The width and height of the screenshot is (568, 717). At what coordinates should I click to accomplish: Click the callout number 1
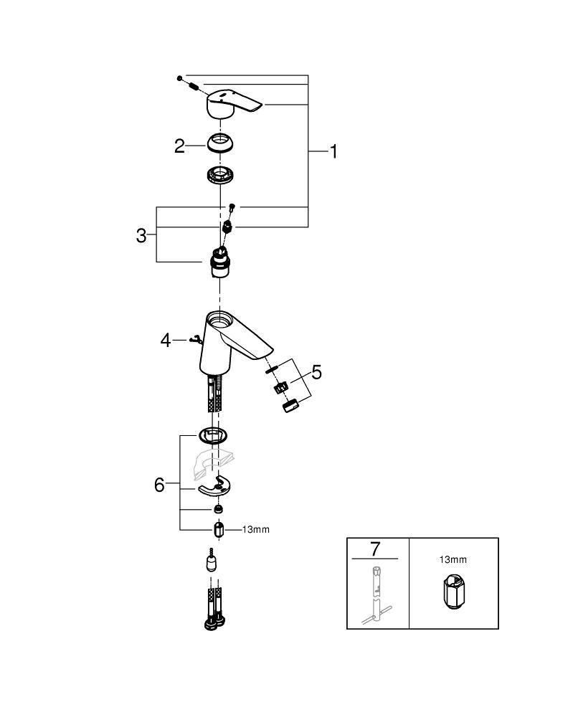333,151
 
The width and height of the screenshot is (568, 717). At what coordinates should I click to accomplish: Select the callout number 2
180,146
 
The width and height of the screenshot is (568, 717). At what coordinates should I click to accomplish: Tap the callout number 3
141,235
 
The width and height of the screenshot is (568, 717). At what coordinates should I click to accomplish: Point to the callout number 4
166,339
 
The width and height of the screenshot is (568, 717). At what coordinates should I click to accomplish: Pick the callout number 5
316,372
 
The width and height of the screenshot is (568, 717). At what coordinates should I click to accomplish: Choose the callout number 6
159,485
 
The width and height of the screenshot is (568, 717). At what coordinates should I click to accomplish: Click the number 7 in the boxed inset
374,549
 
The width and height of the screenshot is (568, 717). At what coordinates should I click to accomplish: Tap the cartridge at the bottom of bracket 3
219,263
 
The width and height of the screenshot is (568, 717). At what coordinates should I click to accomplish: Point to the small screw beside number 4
192,339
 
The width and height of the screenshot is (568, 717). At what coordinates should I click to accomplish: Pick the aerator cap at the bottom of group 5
288,407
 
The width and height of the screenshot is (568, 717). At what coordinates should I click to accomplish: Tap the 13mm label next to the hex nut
255,530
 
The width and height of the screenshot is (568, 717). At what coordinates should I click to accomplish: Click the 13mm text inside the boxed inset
453,559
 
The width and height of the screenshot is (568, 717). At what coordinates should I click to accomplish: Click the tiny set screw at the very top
181,77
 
